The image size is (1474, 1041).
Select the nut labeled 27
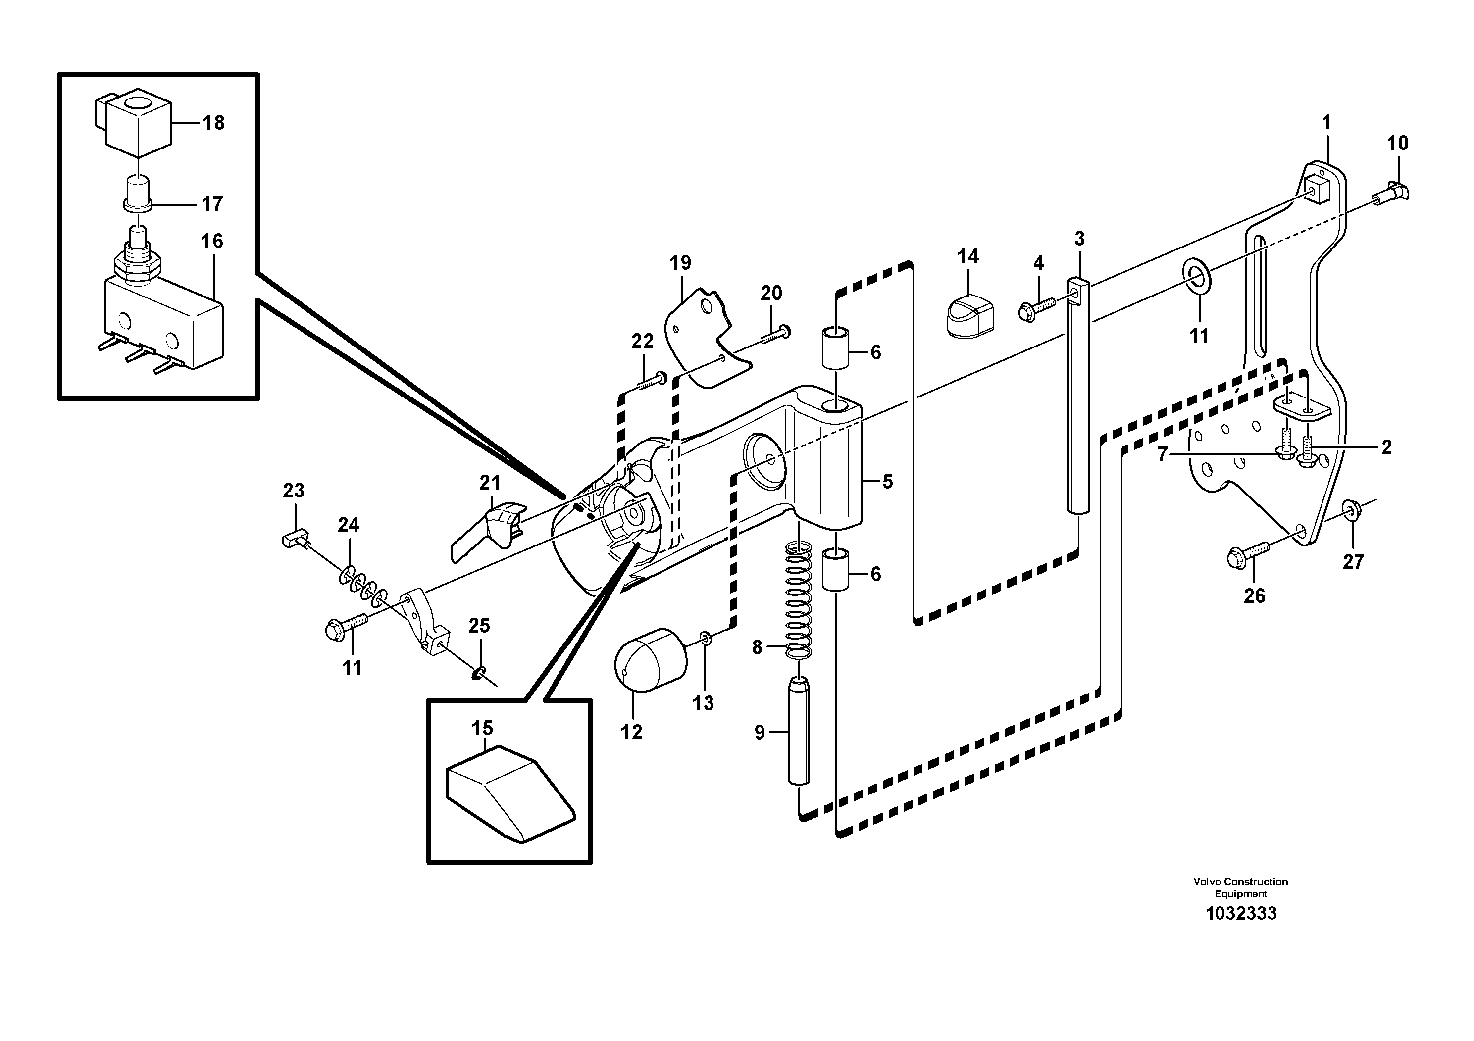click(1351, 511)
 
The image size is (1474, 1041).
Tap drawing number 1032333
click(1240, 914)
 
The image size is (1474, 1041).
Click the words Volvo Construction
click(1240, 882)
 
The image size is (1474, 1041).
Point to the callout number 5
click(887, 481)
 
